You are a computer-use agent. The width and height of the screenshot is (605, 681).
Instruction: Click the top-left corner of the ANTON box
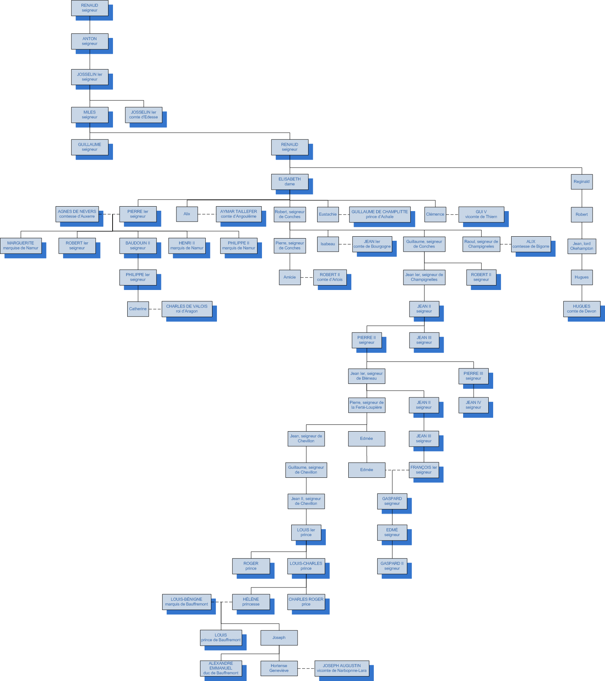click(x=71, y=34)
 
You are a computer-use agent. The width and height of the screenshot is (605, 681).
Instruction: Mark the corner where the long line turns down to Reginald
click(x=582, y=168)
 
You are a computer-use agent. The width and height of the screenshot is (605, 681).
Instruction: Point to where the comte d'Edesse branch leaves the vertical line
click(x=90, y=100)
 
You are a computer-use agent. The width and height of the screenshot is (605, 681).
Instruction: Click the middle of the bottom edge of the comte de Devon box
click(x=582, y=317)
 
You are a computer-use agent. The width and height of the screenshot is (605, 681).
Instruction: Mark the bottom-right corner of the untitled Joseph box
click(x=298, y=645)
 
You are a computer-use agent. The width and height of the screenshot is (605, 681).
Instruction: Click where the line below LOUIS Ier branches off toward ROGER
click(x=306, y=552)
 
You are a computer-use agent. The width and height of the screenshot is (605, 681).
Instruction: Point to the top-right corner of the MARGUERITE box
click(x=42, y=238)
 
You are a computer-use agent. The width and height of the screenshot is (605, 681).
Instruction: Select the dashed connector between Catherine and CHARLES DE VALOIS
click(x=155, y=309)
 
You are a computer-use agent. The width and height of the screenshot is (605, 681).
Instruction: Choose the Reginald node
click(x=582, y=182)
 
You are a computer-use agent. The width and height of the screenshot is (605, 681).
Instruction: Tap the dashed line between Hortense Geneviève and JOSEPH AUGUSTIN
click(x=306, y=669)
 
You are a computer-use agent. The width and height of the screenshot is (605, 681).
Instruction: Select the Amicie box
click(x=290, y=277)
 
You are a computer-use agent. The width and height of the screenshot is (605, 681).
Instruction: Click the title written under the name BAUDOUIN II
click(x=138, y=248)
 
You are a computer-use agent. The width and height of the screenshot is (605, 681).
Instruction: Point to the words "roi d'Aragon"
click(x=187, y=311)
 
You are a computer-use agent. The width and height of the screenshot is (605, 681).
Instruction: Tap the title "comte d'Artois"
click(x=330, y=280)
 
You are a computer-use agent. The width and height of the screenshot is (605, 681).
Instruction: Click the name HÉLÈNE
click(x=251, y=599)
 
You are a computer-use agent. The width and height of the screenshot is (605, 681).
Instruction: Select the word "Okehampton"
click(x=582, y=249)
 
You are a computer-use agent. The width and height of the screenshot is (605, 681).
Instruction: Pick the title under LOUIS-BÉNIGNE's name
click(x=187, y=604)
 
